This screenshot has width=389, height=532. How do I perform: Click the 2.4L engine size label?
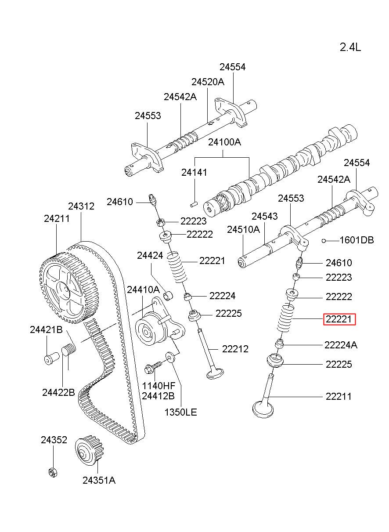pos(350,47)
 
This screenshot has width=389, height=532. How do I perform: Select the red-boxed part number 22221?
pos(339,319)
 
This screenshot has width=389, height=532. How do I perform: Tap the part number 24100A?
pos(224,142)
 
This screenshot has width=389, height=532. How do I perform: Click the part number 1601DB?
pos(357,240)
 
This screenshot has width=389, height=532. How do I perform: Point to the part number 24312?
pos(81,206)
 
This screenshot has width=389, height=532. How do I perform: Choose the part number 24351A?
pos(99,480)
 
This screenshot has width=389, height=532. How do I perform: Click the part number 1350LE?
pos(180,412)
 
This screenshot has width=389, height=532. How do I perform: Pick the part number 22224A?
pos(341,345)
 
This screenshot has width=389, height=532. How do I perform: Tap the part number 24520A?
pos(208,82)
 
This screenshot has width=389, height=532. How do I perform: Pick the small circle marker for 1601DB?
pos(324,240)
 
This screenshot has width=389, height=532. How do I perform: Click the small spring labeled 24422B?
pos(68,352)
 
